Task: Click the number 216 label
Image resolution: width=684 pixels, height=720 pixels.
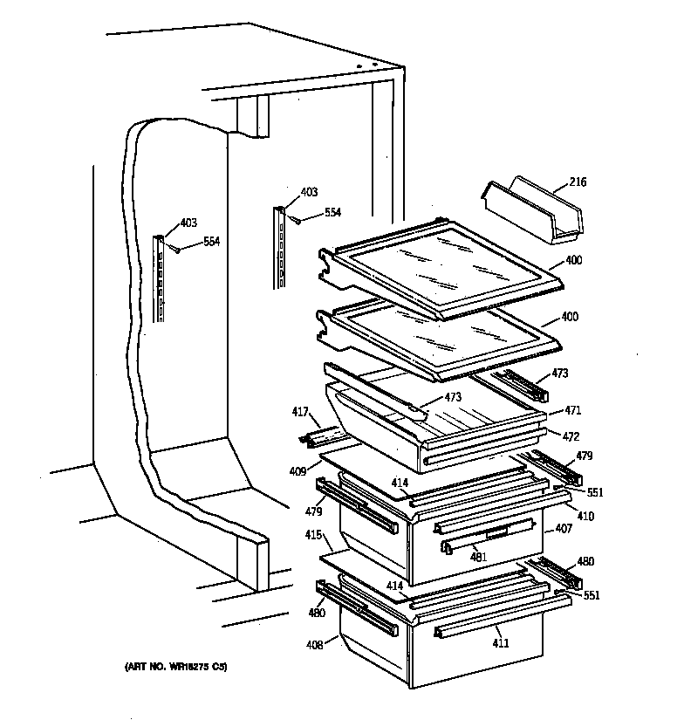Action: (578, 182)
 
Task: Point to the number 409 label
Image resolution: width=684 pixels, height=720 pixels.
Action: (298, 471)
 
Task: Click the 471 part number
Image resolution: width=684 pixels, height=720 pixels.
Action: (572, 410)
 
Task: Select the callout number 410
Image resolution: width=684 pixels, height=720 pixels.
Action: (585, 517)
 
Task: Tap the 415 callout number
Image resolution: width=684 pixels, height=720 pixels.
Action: (312, 534)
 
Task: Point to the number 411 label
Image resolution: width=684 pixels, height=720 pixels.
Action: (501, 643)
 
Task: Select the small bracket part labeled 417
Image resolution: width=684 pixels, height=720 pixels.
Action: (323, 433)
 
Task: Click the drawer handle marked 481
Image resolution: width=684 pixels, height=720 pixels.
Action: (489, 533)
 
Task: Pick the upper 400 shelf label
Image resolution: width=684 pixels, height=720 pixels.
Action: (573, 260)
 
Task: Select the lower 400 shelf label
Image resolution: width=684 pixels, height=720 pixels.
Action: (570, 317)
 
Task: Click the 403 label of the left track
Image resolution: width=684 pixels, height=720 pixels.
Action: (188, 223)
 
